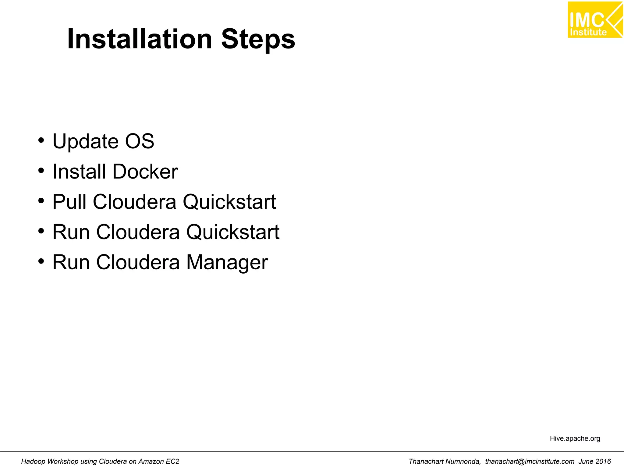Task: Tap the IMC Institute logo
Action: (x=594, y=20)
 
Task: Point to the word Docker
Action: (x=145, y=172)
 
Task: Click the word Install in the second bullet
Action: (x=79, y=172)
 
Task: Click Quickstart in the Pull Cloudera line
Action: (x=229, y=202)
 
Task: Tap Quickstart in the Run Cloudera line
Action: (x=233, y=232)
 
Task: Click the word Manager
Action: (x=227, y=262)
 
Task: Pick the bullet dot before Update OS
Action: (x=41, y=140)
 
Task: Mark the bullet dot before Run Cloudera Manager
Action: (x=41, y=261)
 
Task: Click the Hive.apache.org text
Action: (x=575, y=438)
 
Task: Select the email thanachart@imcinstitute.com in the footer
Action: (x=530, y=462)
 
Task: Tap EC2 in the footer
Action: (x=172, y=462)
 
